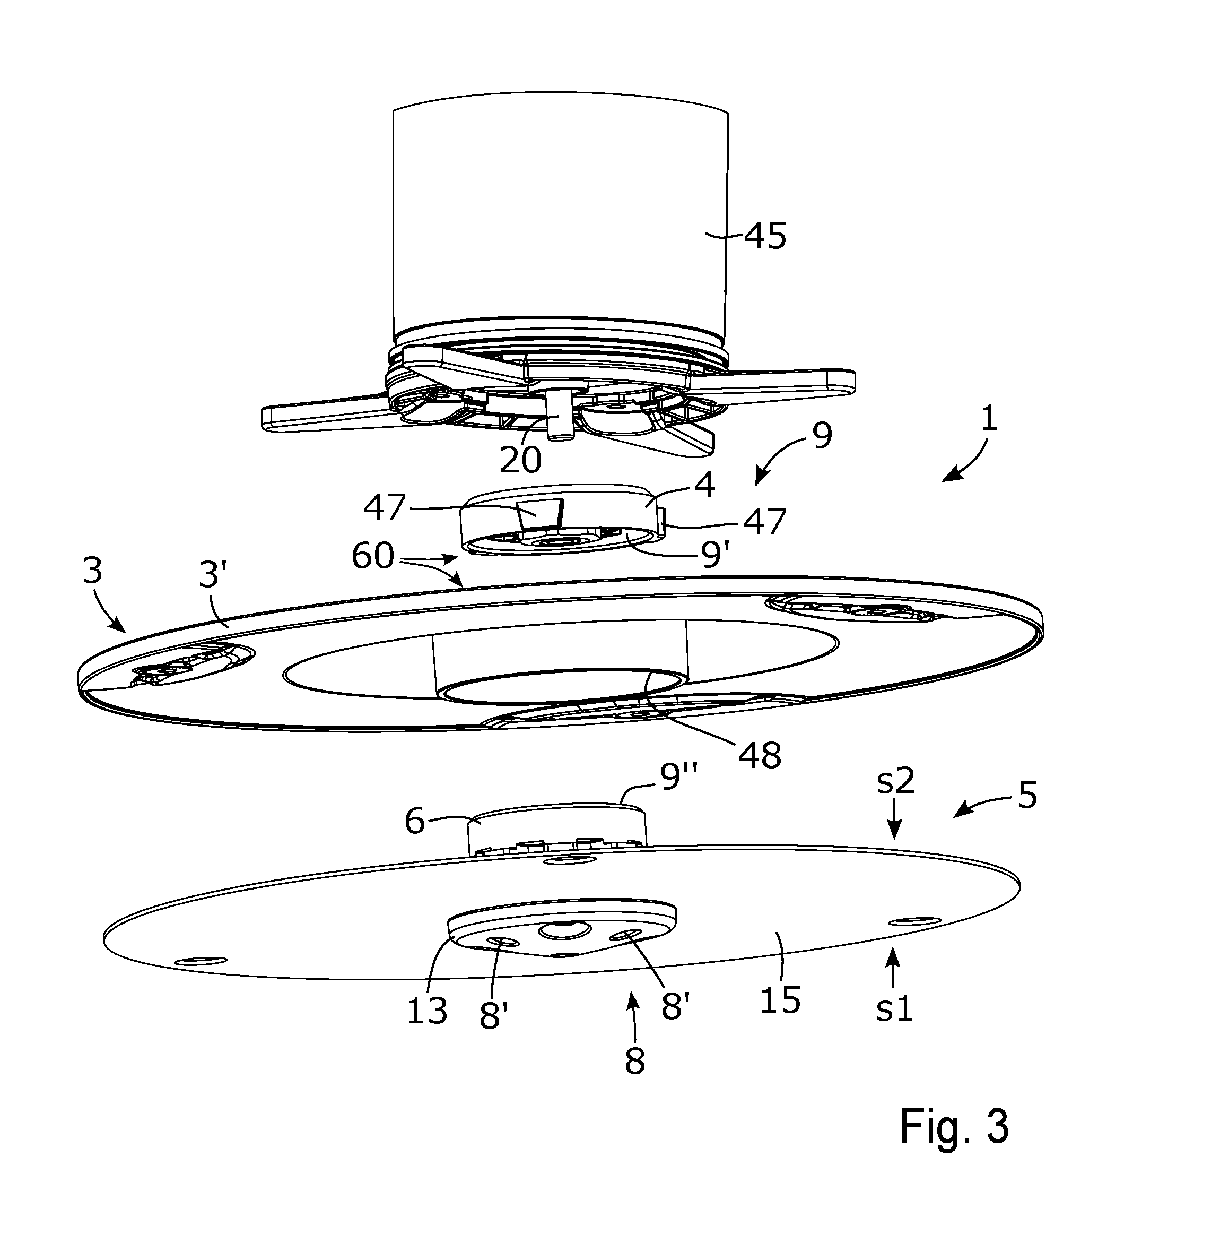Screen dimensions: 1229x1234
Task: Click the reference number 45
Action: coord(765,236)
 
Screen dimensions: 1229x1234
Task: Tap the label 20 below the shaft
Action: coord(520,459)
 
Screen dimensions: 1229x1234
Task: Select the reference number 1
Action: coord(988,420)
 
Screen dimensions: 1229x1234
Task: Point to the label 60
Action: coord(373,556)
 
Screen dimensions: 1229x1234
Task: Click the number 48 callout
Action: coord(760,756)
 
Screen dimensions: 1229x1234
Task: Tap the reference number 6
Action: coord(414,821)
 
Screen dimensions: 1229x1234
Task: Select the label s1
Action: coord(894,1008)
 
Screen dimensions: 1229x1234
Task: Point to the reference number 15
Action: coord(780,999)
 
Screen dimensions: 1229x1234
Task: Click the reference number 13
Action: coord(427,1011)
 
